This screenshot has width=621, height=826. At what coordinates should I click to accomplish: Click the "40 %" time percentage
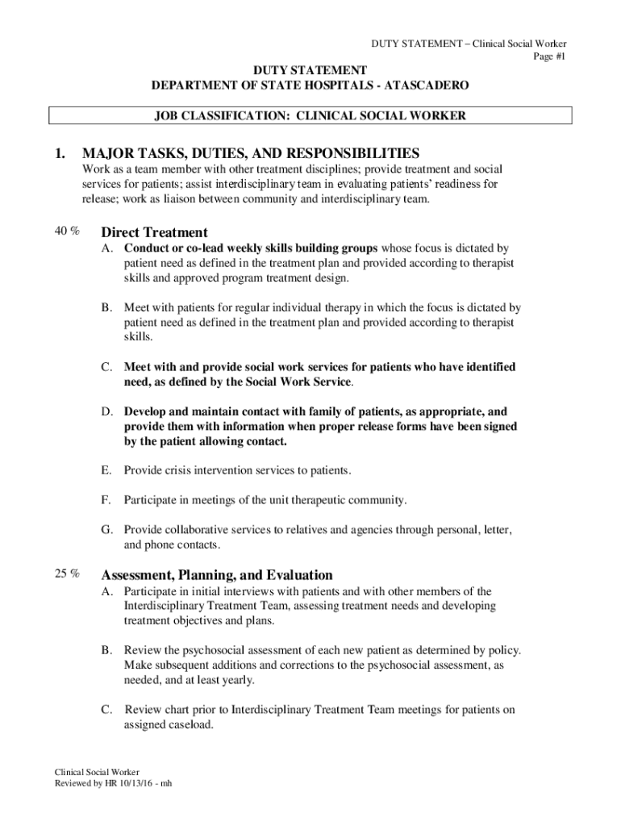(x=66, y=232)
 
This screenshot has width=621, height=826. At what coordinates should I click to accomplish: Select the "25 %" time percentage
(x=66, y=574)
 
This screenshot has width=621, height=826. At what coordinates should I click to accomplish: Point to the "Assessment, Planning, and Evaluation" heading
(x=216, y=575)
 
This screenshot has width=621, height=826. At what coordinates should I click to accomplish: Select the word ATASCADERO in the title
(x=427, y=86)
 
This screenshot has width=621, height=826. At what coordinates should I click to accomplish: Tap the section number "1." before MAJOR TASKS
(x=57, y=153)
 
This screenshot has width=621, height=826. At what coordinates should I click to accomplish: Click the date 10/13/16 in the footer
(x=139, y=783)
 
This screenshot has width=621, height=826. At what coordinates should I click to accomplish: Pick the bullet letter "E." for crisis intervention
(x=106, y=470)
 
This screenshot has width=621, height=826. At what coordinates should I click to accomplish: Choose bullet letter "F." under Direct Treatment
(x=106, y=500)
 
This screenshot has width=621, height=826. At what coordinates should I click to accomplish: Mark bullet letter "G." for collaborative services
(x=106, y=530)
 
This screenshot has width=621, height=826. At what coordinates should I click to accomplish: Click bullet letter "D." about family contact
(x=106, y=411)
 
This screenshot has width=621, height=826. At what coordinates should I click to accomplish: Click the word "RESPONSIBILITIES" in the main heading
(x=347, y=153)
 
